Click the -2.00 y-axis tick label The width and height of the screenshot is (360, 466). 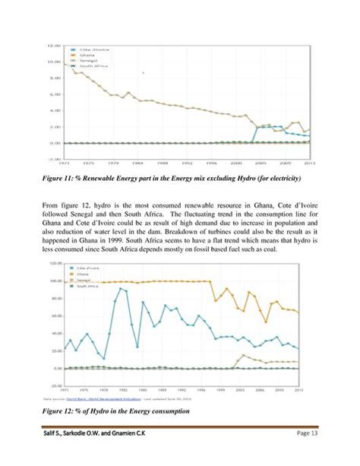(54, 159)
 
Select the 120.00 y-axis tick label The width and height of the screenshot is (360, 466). (52, 263)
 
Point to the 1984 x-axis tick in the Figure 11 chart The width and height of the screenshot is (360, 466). (136, 162)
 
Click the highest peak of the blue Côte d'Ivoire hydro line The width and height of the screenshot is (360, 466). (120, 289)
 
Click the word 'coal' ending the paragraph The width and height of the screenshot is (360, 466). (244, 248)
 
